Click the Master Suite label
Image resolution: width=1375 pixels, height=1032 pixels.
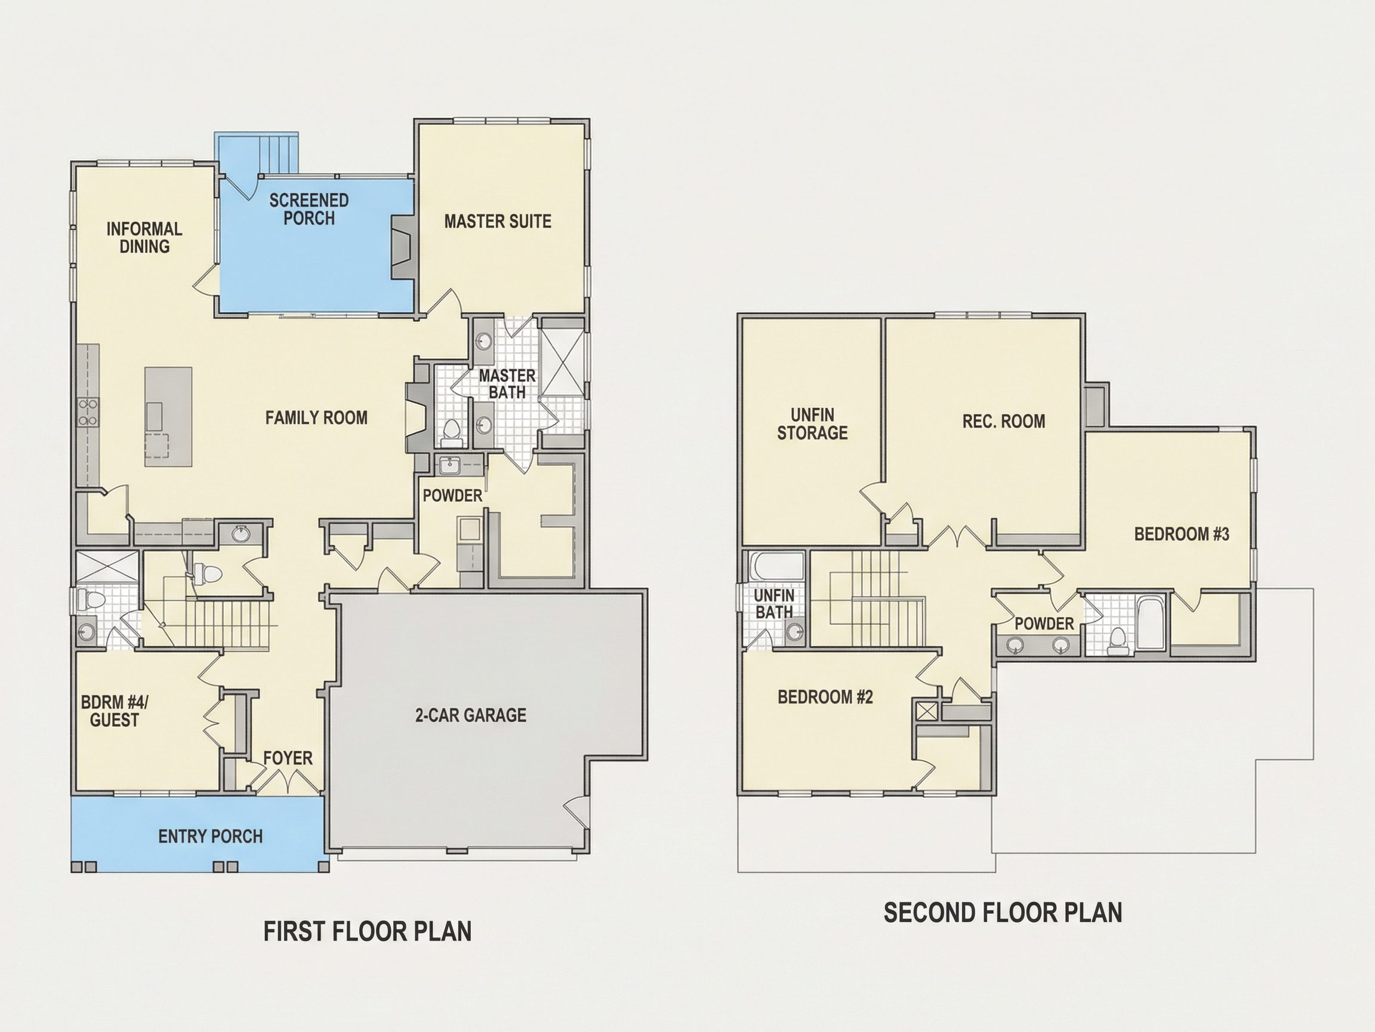(x=497, y=222)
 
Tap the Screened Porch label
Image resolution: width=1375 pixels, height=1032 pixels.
(x=309, y=209)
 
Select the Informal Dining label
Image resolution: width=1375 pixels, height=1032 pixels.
(x=144, y=238)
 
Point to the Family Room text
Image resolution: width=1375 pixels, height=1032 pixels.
(x=316, y=417)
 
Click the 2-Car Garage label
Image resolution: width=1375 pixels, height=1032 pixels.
(x=470, y=715)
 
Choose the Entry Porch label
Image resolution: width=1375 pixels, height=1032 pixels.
(x=210, y=837)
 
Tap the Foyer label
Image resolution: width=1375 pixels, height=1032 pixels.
(x=288, y=758)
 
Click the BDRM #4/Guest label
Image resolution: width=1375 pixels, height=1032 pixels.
(x=115, y=711)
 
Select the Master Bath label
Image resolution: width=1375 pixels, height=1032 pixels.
(x=507, y=384)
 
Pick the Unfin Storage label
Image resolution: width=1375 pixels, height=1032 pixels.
(x=812, y=423)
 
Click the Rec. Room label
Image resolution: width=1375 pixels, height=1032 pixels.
(x=1004, y=422)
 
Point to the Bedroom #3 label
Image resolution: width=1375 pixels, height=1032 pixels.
(x=1182, y=535)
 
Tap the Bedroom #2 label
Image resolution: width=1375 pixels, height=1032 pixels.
(x=825, y=698)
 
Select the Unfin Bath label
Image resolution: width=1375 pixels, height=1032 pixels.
(x=774, y=604)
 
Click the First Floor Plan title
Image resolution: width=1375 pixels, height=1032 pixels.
(x=368, y=931)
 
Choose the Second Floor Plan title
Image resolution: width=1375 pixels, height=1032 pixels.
(x=1003, y=913)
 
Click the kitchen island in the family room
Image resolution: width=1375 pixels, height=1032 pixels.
(x=168, y=417)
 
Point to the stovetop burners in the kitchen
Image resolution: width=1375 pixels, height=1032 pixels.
(x=88, y=412)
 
